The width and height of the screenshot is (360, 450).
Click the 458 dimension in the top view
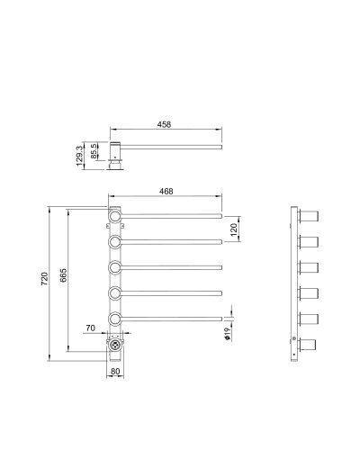click(164, 125)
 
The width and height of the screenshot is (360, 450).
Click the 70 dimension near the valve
click(90, 329)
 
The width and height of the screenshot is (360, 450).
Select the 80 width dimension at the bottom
click(115, 370)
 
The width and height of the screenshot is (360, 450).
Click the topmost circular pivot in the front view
click(116, 216)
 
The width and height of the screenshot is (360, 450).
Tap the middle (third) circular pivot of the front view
click(116, 267)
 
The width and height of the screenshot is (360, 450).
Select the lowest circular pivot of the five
click(116, 319)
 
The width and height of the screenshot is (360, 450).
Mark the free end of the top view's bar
click(219, 145)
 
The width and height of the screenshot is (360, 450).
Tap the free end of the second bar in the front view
click(219, 241)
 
